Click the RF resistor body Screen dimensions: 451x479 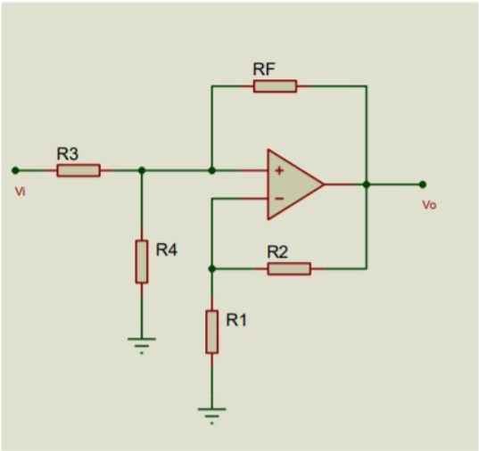275,86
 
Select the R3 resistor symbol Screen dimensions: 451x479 78,169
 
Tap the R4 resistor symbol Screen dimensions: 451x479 141,261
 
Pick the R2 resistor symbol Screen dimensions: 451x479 289,268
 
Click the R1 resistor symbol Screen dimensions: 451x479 211,332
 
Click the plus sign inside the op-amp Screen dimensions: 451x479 279,170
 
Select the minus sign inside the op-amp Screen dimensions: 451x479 279,199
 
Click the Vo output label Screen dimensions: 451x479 429,205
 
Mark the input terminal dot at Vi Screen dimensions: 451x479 15,169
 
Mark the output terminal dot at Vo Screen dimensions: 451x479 423,184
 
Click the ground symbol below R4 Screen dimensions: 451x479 141,343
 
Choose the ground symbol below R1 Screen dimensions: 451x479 211,414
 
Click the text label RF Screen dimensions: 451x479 264,69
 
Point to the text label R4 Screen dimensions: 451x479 167,250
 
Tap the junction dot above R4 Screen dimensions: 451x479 141,169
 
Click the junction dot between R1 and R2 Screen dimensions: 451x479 211,268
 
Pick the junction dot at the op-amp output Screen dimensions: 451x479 367,184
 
